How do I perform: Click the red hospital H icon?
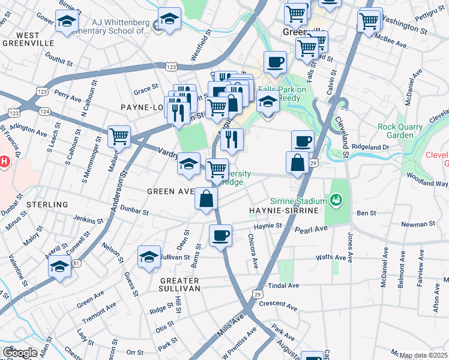[5, 161]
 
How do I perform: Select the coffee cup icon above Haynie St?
[221, 235]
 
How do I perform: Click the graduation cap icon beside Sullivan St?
[149, 257]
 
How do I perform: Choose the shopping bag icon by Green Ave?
[206, 198]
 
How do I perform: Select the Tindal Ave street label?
[283, 286]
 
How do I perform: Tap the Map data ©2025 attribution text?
[423, 355]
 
